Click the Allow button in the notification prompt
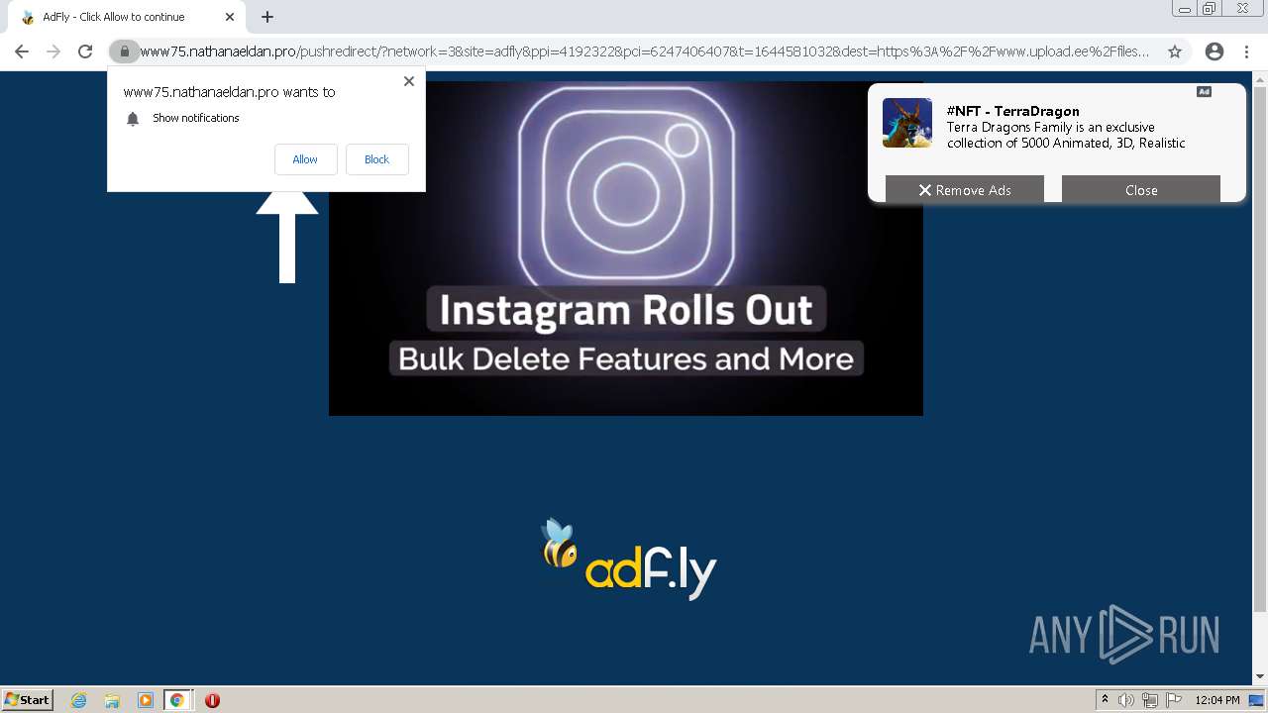pos(305,159)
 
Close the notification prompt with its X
pos(409,81)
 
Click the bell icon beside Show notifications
pos(133,119)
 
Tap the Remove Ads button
pos(964,190)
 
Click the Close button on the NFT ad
pos(1140,190)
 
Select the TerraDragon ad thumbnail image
pos(907,123)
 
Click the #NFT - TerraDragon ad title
pos(1012,111)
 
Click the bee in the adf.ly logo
pos(559,544)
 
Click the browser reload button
pos(85,51)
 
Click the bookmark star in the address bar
pos(1175,51)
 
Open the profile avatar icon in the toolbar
pos(1214,51)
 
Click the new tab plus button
pos(267,17)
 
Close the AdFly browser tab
pos(230,17)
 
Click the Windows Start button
pos(28,700)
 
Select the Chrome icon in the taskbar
pos(177,700)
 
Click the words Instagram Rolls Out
pos(626,310)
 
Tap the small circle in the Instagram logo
pos(683,140)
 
